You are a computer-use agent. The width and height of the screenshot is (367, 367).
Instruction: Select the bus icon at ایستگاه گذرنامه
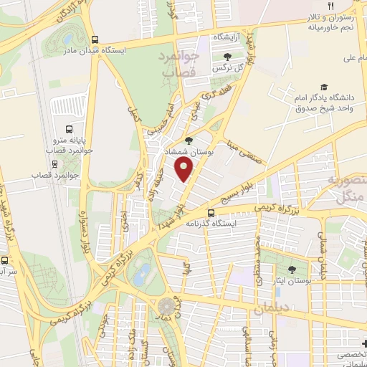coord(210,213)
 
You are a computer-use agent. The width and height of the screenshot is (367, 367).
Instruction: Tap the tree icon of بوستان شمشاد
coord(189,140)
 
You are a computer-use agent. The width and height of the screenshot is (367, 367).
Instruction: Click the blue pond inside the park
coord(143,273)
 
